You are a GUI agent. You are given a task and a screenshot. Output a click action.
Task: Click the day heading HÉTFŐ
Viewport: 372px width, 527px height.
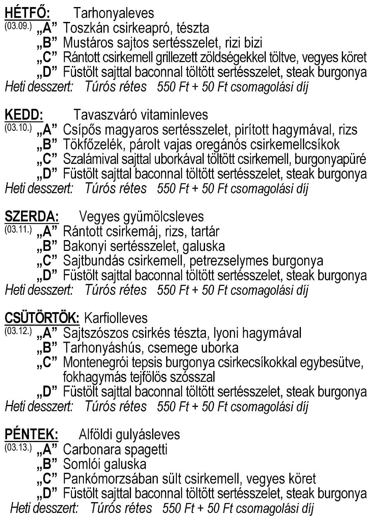pyautogui.click(x=27, y=13)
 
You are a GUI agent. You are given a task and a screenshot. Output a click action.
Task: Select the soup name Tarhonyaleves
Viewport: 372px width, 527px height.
pyautogui.click(x=114, y=13)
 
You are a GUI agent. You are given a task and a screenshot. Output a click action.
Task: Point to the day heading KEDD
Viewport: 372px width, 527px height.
pyautogui.click(x=24, y=114)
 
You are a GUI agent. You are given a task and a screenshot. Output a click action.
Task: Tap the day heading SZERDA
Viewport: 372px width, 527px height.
pyautogui.click(x=31, y=216)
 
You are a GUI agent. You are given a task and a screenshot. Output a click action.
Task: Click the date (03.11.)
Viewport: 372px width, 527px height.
pyautogui.click(x=18, y=229)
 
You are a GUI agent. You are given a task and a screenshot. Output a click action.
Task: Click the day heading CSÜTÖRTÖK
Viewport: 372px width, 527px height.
pyautogui.click(x=41, y=318)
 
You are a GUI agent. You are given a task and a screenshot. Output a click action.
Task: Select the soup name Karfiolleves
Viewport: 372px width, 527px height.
pyautogui.click(x=116, y=318)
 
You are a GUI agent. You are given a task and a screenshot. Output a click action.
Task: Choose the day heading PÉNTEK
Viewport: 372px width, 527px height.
pyautogui.click(x=31, y=434)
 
